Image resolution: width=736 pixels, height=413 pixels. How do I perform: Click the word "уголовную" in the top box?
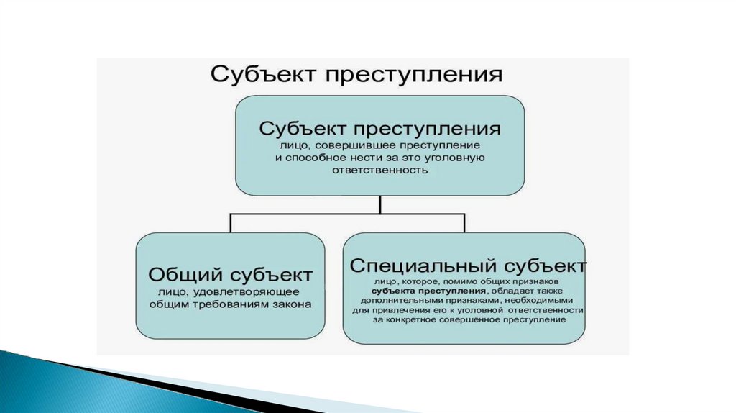(461, 158)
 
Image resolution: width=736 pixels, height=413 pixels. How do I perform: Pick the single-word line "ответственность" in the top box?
(379, 171)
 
